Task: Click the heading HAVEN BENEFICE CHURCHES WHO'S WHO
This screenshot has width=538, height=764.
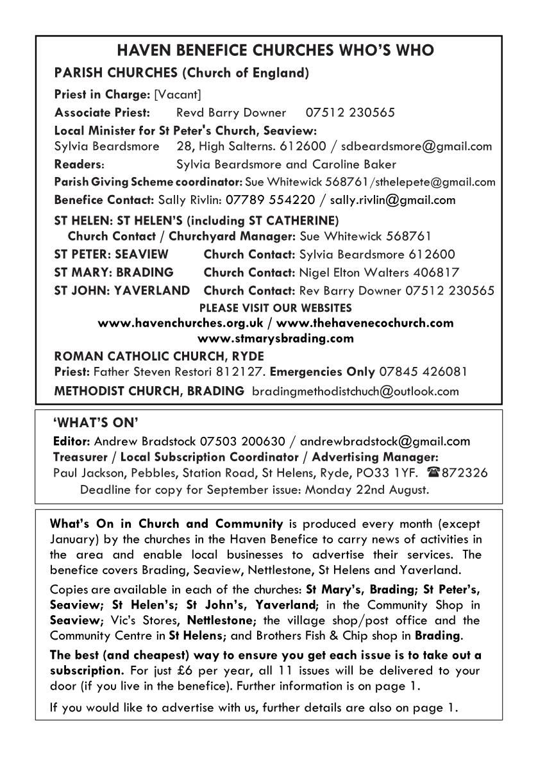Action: point(268,51)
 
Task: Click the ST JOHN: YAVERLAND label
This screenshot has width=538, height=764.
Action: point(122,291)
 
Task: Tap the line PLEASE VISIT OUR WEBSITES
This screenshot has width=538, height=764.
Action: point(276,308)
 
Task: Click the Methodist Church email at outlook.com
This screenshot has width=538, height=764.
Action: point(356,391)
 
